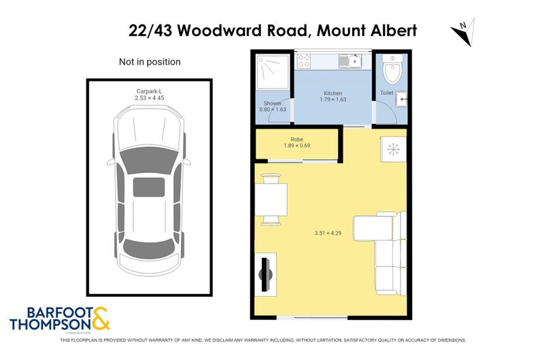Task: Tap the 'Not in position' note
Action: point(150,62)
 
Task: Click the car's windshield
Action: point(149,161)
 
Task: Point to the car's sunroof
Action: point(149,186)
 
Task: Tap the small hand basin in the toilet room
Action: point(401,99)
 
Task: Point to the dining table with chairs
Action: point(271,199)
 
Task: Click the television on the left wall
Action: point(267,275)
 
